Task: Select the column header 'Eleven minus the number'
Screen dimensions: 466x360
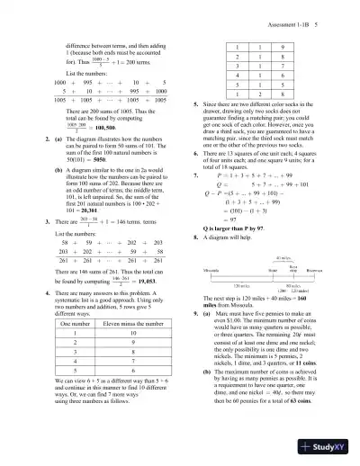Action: coord(132,345)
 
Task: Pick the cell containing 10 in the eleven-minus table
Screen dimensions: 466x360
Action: coord(132,358)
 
